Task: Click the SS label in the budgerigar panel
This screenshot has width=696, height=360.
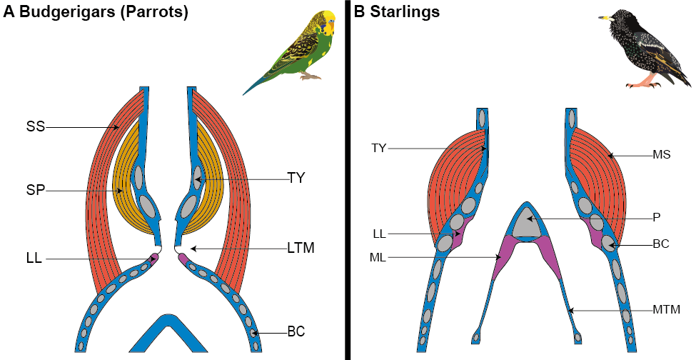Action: click(x=35, y=127)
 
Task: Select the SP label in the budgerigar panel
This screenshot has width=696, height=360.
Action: click(x=35, y=191)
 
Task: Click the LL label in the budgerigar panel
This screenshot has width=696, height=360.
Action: click(x=33, y=259)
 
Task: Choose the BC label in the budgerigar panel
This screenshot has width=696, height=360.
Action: click(x=296, y=332)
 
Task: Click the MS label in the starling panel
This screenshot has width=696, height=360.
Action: click(x=660, y=154)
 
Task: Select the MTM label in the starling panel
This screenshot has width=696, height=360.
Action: click(x=666, y=310)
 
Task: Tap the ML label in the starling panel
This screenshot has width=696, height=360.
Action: click(x=379, y=257)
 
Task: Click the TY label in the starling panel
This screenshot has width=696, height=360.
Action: click(x=379, y=149)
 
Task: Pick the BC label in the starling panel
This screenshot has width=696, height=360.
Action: click(x=660, y=244)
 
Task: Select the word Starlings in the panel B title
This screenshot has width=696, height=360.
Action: click(x=403, y=12)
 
